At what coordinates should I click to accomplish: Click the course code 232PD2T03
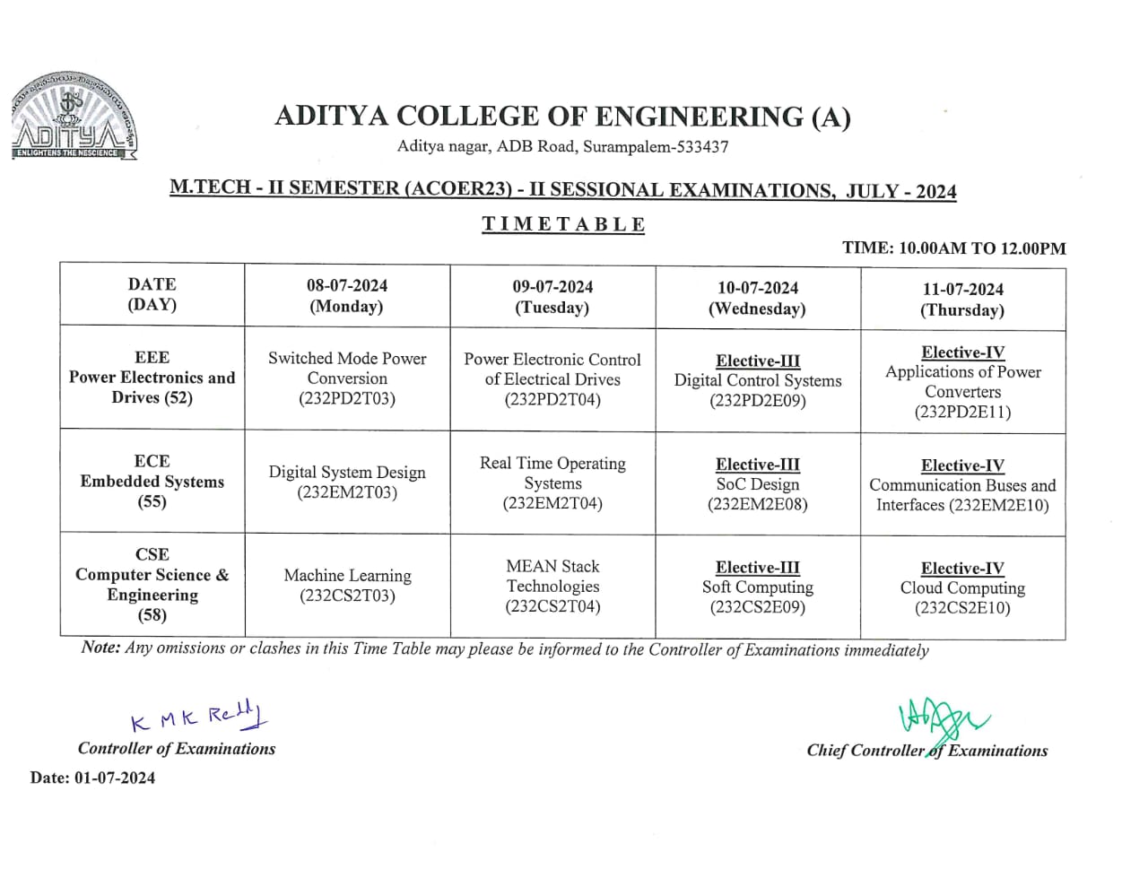click(347, 399)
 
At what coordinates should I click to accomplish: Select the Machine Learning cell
click(347, 585)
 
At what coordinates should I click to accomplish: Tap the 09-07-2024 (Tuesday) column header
click(552, 297)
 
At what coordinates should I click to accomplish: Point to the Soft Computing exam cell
click(758, 587)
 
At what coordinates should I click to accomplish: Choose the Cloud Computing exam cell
click(962, 588)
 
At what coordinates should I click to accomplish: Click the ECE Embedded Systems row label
click(152, 482)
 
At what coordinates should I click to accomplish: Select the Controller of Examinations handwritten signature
click(199, 717)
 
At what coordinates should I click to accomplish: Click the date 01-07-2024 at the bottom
click(115, 778)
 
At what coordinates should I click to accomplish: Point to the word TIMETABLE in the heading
click(563, 224)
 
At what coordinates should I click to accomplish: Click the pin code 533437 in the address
click(703, 146)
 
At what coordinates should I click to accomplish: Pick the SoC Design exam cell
click(758, 484)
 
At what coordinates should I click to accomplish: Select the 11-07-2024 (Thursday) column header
click(962, 300)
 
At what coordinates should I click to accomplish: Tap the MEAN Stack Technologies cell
click(552, 586)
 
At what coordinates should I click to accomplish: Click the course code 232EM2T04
click(552, 503)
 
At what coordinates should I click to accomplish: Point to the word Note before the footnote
click(100, 648)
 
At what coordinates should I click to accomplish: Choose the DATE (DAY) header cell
click(152, 294)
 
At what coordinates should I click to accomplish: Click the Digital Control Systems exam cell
click(758, 381)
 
